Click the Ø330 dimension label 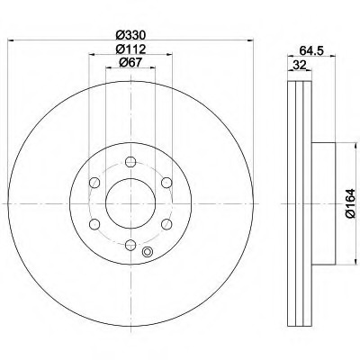[130, 35]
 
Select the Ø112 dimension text [130, 49]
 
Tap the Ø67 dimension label [130, 62]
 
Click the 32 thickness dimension [300, 65]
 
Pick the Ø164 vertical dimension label [350, 203]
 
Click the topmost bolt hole [130, 162]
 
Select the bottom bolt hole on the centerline [130, 245]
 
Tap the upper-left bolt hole [94, 183]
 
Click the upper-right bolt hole [166, 183]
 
